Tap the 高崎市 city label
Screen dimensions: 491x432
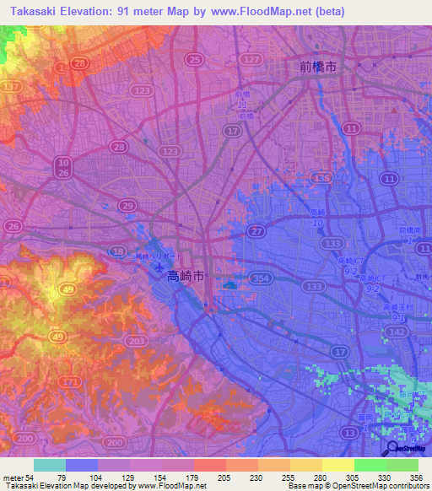(x=185, y=275)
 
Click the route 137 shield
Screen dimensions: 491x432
(x=12, y=87)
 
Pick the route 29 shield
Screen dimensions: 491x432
(x=127, y=206)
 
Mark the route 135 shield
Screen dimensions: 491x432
(x=320, y=178)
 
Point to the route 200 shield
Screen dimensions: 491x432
(x=25, y=440)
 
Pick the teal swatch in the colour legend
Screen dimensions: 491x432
(x=50, y=465)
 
